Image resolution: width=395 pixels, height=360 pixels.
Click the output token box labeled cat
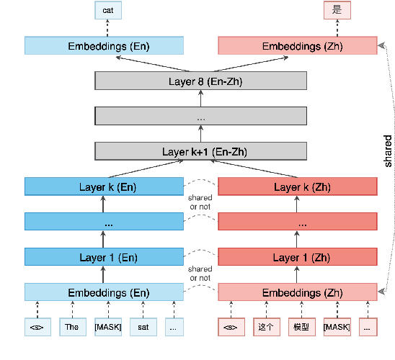[x=108, y=10]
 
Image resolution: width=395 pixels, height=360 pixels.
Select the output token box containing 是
[x=337, y=10]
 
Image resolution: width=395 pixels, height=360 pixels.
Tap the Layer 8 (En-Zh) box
[x=201, y=81]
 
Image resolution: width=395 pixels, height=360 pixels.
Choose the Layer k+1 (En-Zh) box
[x=201, y=151]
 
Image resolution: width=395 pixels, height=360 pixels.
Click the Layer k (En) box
[x=104, y=186]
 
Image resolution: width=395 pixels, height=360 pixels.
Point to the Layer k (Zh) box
[x=298, y=186]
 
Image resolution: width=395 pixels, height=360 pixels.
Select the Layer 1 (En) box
[x=104, y=257]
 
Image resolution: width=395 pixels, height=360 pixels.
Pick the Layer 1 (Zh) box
[x=298, y=257]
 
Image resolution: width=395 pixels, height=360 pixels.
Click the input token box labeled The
[x=73, y=327]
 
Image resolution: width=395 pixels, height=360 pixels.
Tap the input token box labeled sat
[x=143, y=327]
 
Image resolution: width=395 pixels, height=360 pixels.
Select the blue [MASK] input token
[x=108, y=327]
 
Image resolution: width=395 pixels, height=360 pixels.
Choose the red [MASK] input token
[x=337, y=327]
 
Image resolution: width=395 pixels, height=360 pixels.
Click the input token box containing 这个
[x=267, y=327]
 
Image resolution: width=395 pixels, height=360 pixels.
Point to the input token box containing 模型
[x=302, y=327]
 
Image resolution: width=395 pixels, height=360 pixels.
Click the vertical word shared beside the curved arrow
[x=388, y=151]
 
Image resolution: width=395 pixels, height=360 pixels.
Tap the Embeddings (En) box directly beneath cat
[x=104, y=45]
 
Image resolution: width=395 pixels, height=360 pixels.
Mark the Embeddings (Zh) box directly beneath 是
[x=298, y=45]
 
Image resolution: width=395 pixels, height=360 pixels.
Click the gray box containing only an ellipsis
[x=201, y=116]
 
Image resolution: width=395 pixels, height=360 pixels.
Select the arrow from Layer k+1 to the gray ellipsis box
[x=201, y=134]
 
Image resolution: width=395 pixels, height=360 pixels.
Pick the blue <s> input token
[x=37, y=327]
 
